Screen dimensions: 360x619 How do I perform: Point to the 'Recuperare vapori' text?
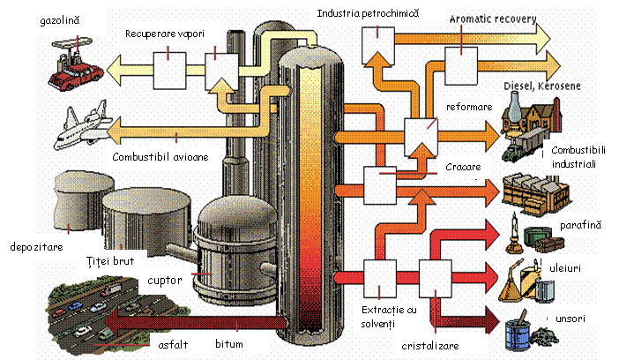[165, 34]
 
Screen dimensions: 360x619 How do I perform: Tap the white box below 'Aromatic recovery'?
[461, 63]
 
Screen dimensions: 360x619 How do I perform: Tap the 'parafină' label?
[580, 226]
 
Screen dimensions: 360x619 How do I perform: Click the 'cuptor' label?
[166, 281]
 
